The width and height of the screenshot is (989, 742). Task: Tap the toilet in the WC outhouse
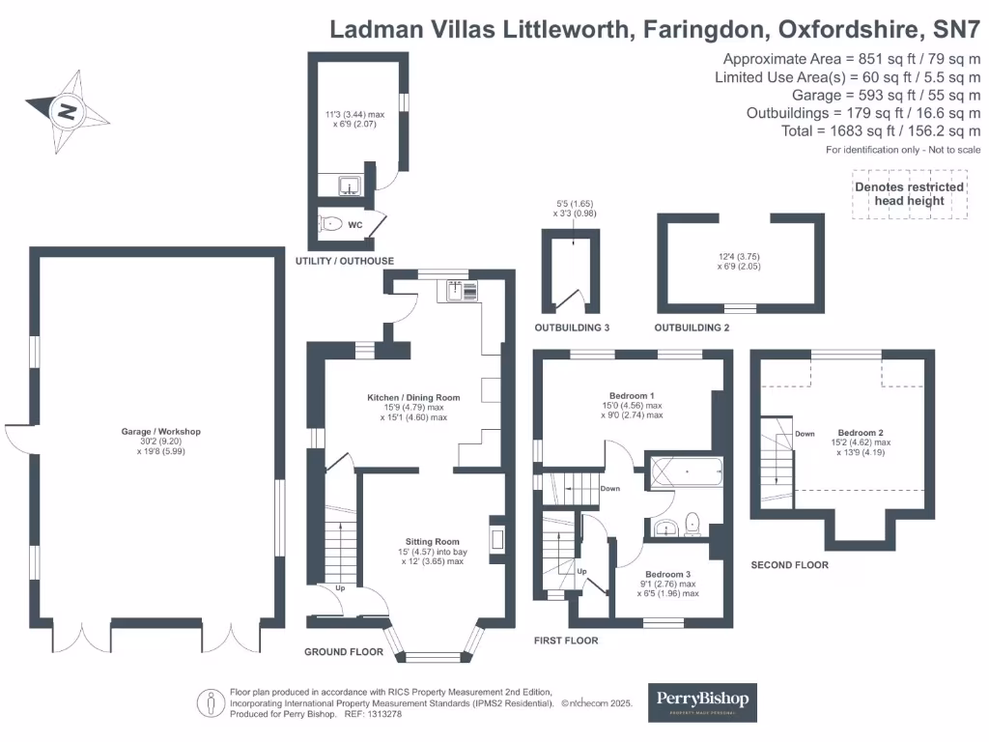coord(331,224)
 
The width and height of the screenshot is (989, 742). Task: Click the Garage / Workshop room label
coord(161,432)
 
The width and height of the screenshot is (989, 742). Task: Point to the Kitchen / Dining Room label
coord(413,397)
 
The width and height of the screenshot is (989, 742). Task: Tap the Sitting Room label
coord(432,542)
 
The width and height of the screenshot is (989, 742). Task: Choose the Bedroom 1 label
coord(633,395)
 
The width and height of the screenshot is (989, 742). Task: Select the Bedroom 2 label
coord(861,433)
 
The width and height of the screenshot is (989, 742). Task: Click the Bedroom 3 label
coord(666,574)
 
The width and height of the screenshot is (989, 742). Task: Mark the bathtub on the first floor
coord(687,472)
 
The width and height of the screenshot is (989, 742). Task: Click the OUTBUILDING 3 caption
coord(572,328)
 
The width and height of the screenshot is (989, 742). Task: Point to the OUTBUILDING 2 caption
coord(692,328)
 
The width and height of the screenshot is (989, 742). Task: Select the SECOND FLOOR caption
coord(789,565)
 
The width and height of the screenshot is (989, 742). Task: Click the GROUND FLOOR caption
coord(343,652)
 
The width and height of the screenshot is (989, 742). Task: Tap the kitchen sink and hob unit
coord(463,290)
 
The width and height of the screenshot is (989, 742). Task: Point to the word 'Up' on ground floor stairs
coord(340,587)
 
